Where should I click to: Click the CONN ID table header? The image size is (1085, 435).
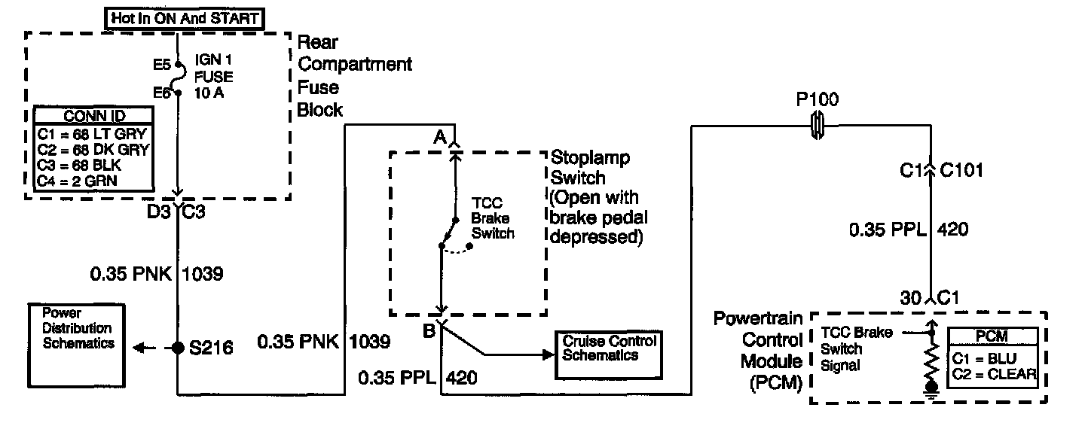pyautogui.click(x=94, y=116)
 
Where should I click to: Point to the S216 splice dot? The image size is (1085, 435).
pyautogui.click(x=178, y=348)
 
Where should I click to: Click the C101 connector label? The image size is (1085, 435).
pyautogui.click(x=962, y=170)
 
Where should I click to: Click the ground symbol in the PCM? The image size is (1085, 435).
pyautogui.click(x=932, y=388)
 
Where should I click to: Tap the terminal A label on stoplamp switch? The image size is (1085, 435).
pyautogui.click(x=439, y=136)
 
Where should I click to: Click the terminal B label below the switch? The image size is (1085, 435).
pyautogui.click(x=428, y=329)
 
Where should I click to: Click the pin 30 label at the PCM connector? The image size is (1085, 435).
pyautogui.click(x=911, y=299)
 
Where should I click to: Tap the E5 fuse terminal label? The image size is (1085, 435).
pyautogui.click(x=162, y=65)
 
